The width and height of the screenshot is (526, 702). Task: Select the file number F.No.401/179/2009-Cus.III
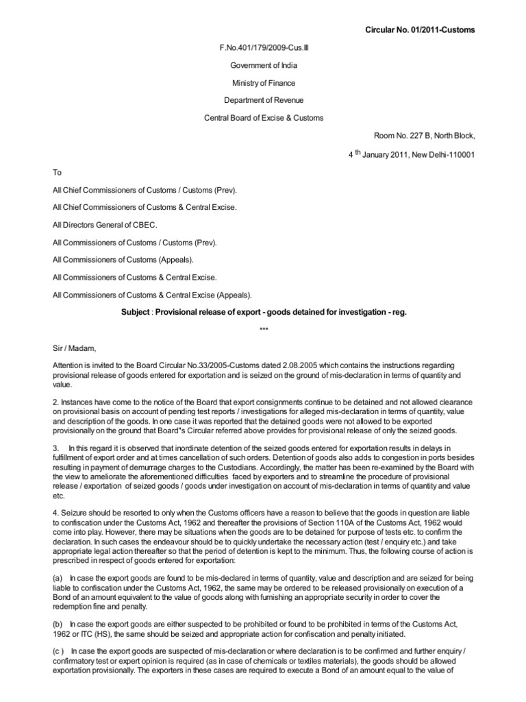click(264, 47)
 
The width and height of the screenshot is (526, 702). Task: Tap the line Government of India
click(264, 65)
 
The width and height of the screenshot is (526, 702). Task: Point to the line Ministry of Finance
click(264, 83)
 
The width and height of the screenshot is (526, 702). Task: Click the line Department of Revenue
click(264, 100)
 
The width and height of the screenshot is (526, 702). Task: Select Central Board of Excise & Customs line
click(264, 118)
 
